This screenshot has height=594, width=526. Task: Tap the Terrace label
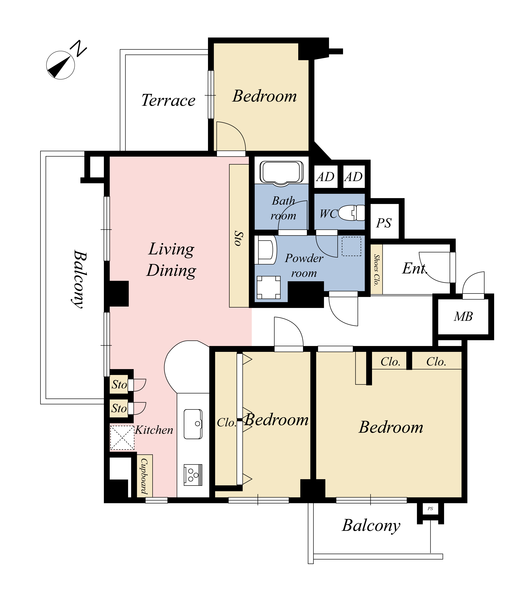tap(168, 100)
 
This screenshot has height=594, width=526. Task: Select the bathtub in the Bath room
tap(281, 173)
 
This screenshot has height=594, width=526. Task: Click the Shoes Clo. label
tap(377, 270)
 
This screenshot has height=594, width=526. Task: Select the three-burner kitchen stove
tap(193, 475)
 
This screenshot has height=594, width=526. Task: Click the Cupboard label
tap(144, 476)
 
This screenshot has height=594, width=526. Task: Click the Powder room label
tap(304, 266)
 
